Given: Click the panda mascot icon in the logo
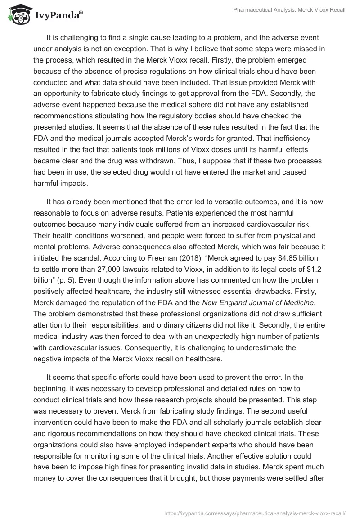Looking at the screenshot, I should click(x=17, y=15).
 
